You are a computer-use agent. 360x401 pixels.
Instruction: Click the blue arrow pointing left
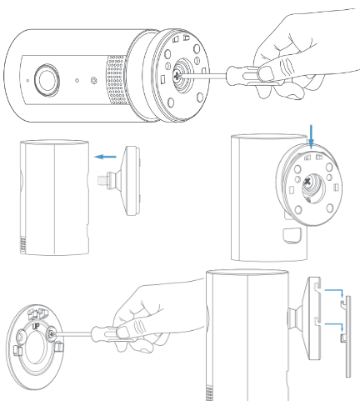[105, 155]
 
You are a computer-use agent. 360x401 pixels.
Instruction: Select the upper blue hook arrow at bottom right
[332, 293]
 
